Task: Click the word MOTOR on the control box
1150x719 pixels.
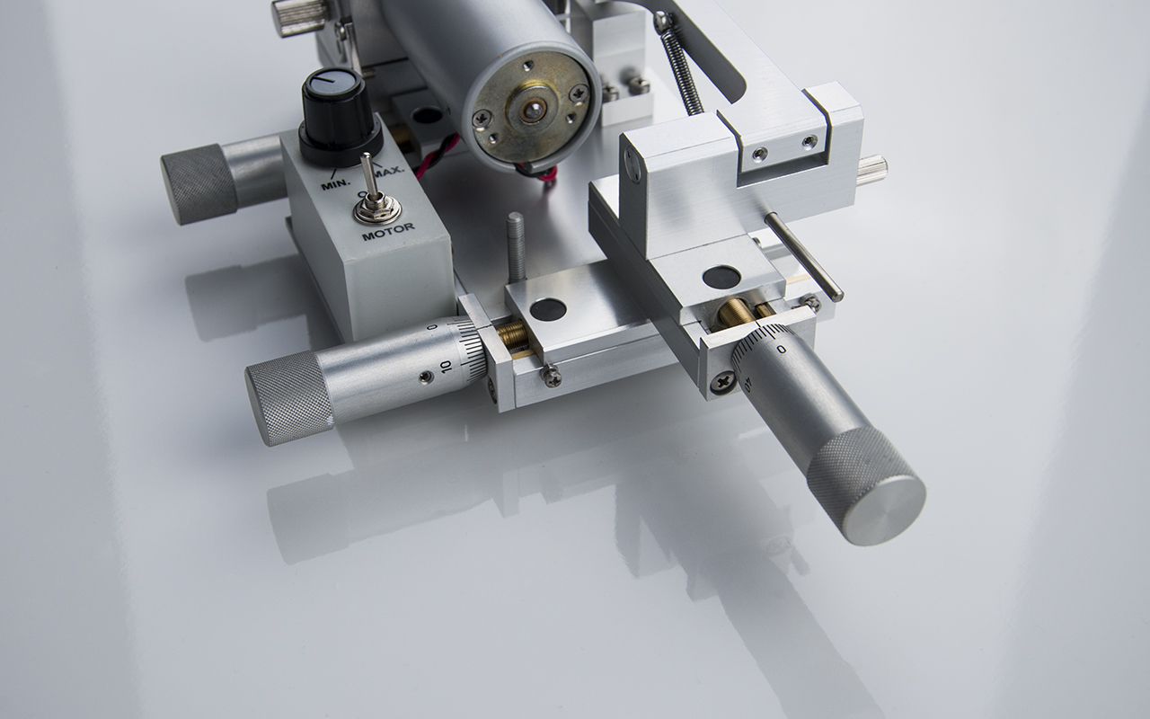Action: (x=387, y=231)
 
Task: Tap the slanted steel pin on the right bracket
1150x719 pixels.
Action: (x=804, y=256)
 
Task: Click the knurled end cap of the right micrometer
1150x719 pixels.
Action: (x=866, y=485)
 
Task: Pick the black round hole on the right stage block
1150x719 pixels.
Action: (x=721, y=277)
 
